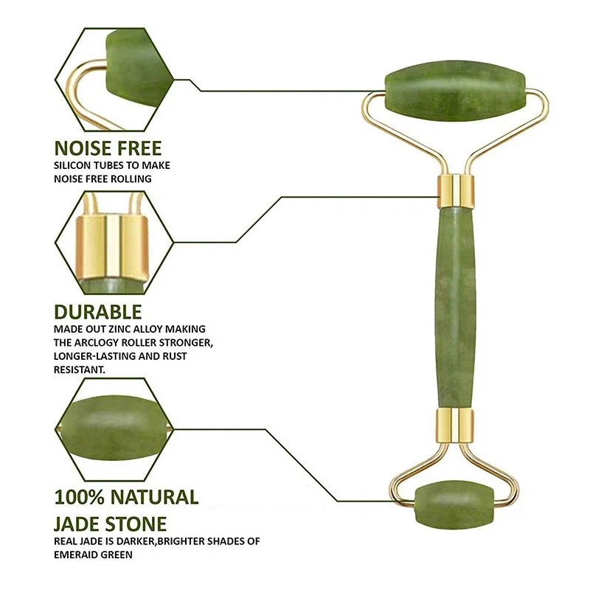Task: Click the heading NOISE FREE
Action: pos(108,148)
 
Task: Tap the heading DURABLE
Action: pos(98,312)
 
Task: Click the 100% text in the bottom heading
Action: pos(79,496)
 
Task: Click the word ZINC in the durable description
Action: pos(119,329)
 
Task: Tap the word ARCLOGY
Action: pos(99,343)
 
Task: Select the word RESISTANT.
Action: pos(80,370)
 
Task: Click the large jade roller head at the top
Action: pos(455,90)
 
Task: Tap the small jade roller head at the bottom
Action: pos(454,504)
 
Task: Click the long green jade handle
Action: pos(455,308)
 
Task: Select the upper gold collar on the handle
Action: pos(455,191)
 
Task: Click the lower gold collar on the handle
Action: pos(455,426)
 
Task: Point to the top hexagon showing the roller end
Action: pos(114,80)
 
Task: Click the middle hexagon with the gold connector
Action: pos(114,243)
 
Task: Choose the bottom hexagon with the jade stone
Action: pos(114,429)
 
